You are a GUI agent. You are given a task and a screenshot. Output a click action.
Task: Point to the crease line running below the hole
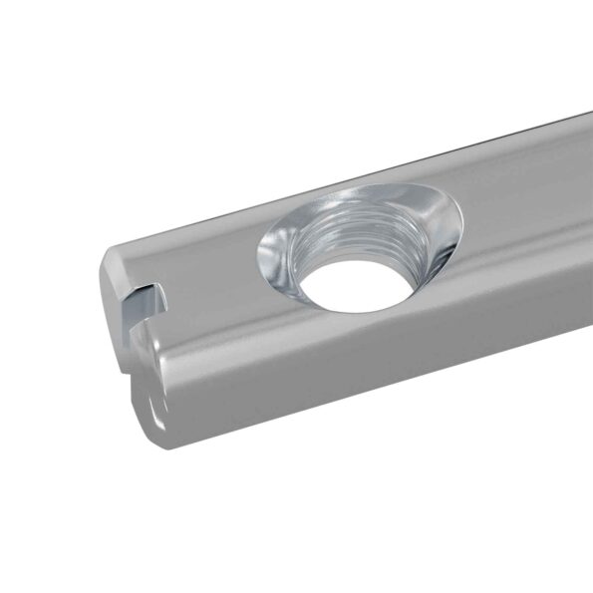[399, 329]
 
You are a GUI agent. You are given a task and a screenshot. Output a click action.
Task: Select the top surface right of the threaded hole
[518, 199]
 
